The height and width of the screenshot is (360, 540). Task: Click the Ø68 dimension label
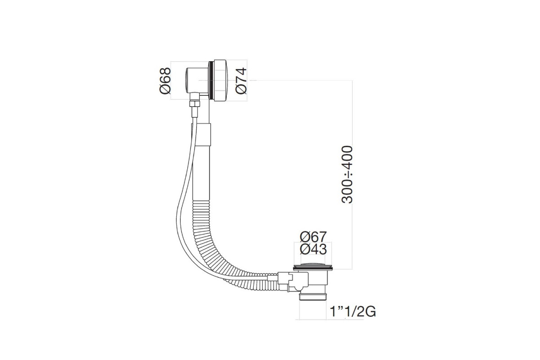point(165,81)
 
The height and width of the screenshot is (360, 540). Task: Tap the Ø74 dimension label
point(241,81)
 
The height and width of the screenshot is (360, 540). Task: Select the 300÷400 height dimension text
point(347,175)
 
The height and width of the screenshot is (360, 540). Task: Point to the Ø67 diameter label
point(313,237)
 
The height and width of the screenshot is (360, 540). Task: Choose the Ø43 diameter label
point(313,249)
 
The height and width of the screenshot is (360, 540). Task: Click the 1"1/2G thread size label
point(353,311)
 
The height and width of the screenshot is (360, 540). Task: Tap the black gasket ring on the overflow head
point(211,81)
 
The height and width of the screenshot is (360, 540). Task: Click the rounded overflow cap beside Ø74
point(220,81)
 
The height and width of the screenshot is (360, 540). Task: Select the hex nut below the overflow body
point(194,104)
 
